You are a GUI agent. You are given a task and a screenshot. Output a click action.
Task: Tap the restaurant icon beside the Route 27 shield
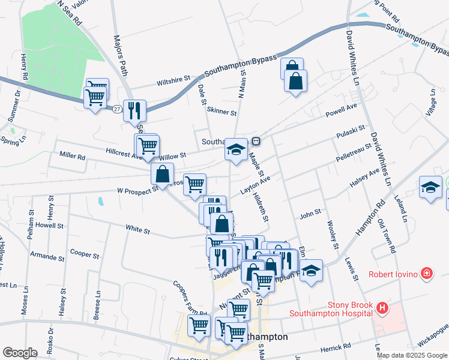coord(134,110)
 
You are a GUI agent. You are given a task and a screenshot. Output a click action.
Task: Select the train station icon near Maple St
coord(256,142)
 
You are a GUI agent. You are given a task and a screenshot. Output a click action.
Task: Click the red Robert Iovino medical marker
coord(426,274)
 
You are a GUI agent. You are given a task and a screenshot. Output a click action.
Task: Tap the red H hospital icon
coord(382,308)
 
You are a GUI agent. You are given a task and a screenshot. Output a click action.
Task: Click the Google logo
coord(20,352)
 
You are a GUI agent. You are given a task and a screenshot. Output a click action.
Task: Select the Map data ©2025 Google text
coord(412,355)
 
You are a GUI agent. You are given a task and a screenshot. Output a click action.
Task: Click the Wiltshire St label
coord(173,78)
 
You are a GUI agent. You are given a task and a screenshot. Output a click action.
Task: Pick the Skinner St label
coord(221,112)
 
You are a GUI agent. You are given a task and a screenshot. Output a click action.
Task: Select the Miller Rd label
coord(72,156)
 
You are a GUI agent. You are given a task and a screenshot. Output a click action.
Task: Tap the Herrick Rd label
coord(336,347)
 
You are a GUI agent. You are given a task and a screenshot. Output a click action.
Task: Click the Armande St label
coord(47,258)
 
